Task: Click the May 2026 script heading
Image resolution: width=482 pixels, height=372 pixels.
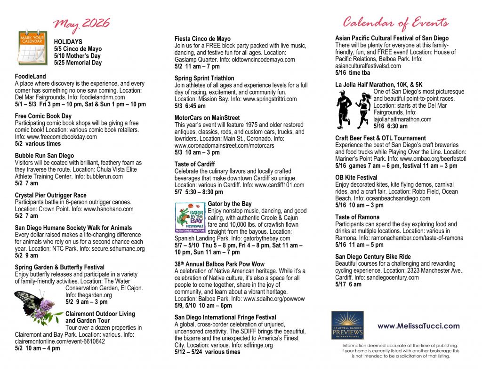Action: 81,23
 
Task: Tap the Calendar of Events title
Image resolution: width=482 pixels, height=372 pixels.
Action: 395,22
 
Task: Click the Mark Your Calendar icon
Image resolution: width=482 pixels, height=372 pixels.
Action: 32,47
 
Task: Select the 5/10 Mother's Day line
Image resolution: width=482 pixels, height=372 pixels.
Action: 78,55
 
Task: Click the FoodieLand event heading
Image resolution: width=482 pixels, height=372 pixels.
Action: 31,76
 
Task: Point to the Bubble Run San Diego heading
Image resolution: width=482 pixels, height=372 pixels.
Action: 44,155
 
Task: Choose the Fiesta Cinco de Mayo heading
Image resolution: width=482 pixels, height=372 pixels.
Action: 202,39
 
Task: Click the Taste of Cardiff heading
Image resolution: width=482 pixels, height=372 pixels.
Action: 194,164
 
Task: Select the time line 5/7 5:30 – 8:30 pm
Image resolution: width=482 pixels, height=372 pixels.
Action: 199,192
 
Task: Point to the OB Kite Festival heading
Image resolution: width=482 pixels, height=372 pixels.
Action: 356,177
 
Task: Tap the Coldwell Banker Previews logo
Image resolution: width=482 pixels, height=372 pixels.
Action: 347,325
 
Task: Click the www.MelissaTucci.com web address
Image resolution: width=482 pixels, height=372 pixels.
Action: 418,326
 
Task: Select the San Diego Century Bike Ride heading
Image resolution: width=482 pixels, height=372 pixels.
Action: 373,257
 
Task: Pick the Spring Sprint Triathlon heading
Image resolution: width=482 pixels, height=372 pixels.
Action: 204,78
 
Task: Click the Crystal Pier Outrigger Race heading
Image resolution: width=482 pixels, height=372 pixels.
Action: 50,195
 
